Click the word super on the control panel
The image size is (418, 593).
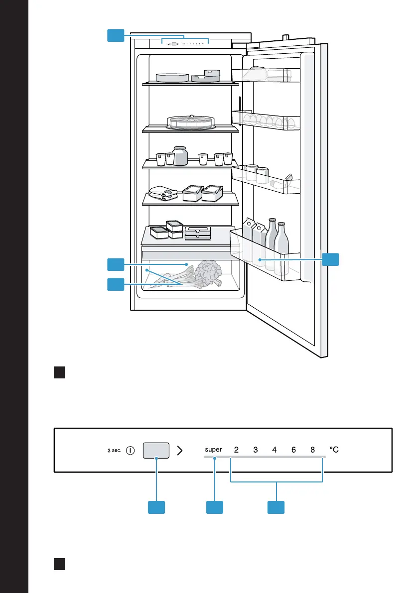click(x=213, y=450)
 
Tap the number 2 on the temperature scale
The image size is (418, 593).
click(x=237, y=450)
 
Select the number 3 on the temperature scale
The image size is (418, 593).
click(x=256, y=450)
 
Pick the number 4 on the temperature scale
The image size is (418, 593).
click(x=274, y=450)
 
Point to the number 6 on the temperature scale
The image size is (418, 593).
click(x=293, y=450)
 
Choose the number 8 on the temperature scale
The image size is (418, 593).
click(x=312, y=450)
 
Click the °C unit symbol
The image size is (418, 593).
click(x=334, y=450)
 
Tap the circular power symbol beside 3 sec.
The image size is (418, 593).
click(x=130, y=451)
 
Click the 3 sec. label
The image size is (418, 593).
click(x=114, y=451)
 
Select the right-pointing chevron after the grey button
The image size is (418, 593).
click(x=180, y=451)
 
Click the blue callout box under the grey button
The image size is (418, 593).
click(x=156, y=507)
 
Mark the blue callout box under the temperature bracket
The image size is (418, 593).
click(x=276, y=507)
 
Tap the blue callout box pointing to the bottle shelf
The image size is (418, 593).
click(x=330, y=259)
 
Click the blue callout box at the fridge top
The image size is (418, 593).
click(x=116, y=35)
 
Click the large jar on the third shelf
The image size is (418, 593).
click(x=180, y=156)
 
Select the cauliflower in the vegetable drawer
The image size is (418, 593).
click(x=208, y=273)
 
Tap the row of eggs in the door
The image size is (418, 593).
click(x=269, y=121)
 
